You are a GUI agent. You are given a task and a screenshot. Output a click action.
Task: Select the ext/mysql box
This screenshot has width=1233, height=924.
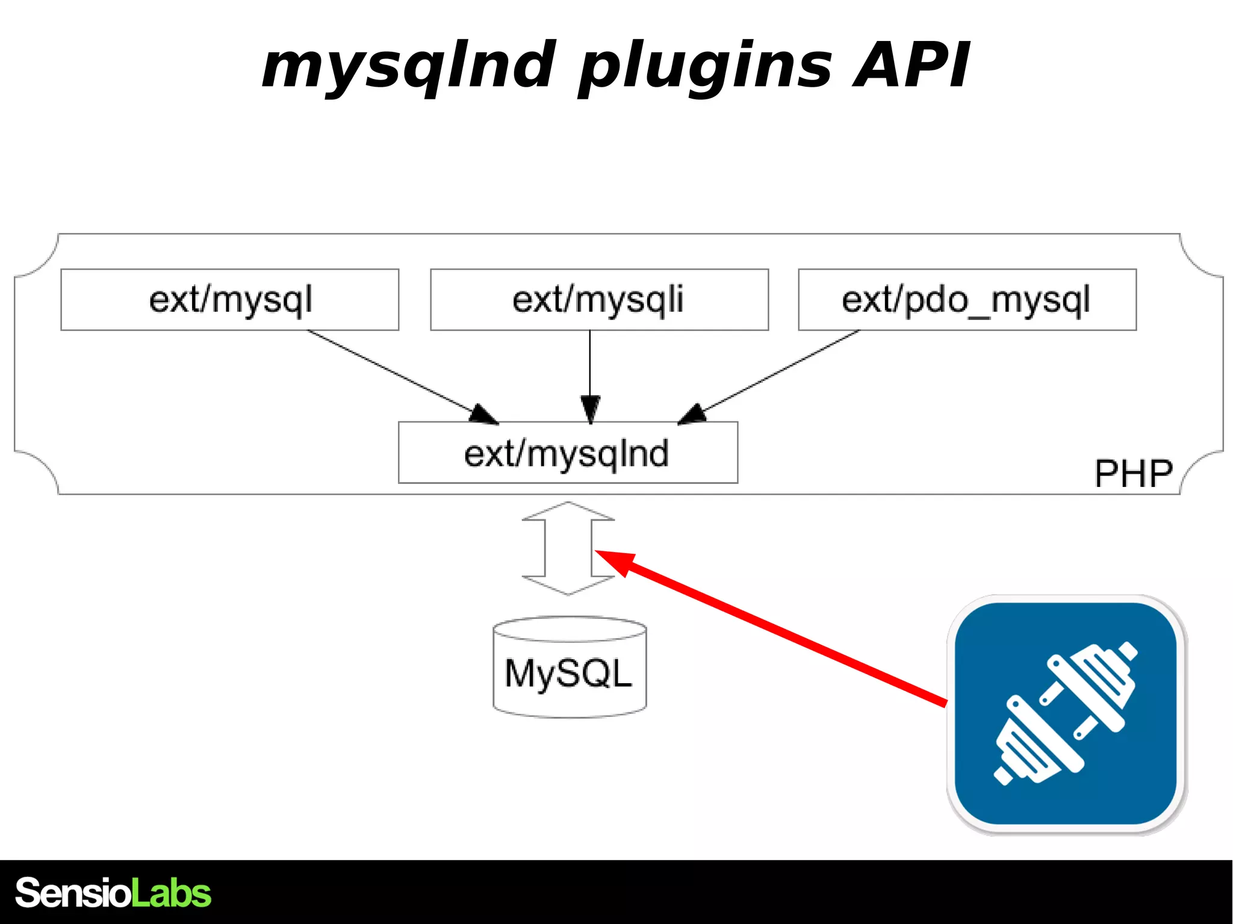(229, 300)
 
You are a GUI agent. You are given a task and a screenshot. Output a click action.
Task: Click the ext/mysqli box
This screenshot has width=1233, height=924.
(599, 300)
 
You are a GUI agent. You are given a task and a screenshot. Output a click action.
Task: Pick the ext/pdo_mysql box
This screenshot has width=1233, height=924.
(967, 300)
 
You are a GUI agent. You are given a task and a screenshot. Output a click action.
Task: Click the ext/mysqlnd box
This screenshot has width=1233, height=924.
(568, 453)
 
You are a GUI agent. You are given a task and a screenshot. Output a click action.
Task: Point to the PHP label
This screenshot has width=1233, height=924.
(1133, 474)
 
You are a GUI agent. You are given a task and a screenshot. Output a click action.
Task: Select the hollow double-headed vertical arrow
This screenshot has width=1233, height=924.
(568, 548)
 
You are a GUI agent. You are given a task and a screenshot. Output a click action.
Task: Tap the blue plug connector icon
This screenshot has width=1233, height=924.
(1066, 714)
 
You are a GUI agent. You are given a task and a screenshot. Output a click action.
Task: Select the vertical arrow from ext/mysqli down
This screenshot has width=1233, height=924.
(590, 373)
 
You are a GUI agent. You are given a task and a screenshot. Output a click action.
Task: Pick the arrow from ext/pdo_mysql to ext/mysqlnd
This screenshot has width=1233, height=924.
(777, 373)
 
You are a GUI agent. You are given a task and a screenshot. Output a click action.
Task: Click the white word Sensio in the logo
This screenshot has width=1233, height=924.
(72, 893)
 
